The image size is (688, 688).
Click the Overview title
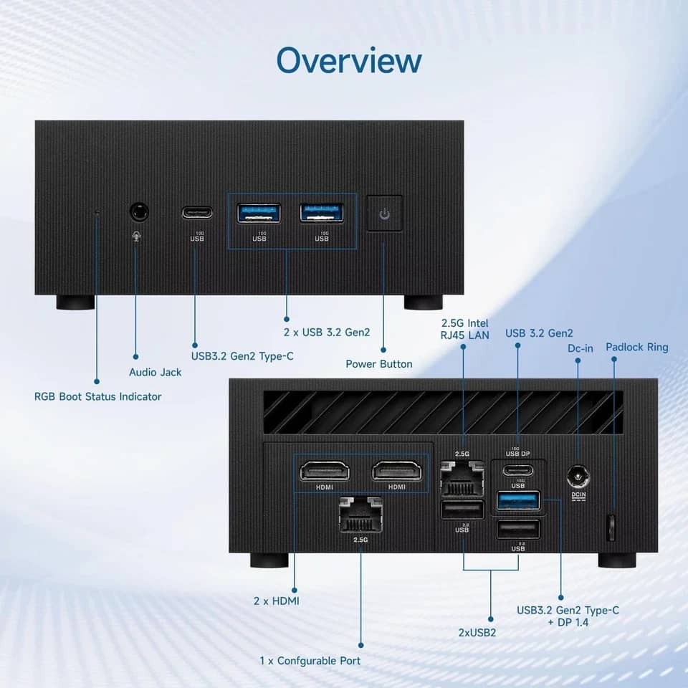tap(349, 60)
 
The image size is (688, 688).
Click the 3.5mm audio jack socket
tap(139, 212)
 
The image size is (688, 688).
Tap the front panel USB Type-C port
tap(198, 214)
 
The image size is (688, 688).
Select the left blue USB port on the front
tap(259, 214)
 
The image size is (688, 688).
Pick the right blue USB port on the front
tap(322, 214)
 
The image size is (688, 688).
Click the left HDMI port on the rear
tap(325, 472)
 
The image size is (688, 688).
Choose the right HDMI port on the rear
tap(396, 472)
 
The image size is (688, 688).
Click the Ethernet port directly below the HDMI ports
tap(360, 515)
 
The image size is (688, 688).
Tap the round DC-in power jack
tap(578, 477)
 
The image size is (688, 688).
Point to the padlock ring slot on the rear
tap(611, 527)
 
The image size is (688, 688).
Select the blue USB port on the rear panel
tap(518, 501)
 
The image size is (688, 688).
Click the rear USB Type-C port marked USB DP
tap(518, 471)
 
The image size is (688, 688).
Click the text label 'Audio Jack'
tap(156, 373)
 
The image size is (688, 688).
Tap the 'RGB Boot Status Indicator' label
tap(98, 396)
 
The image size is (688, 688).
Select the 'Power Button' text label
tap(379, 364)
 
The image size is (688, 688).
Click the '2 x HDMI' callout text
tap(277, 601)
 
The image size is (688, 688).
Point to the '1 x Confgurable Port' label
tap(310, 661)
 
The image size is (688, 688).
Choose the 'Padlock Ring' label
tap(637, 347)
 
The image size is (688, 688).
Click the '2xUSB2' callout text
tap(477, 633)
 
